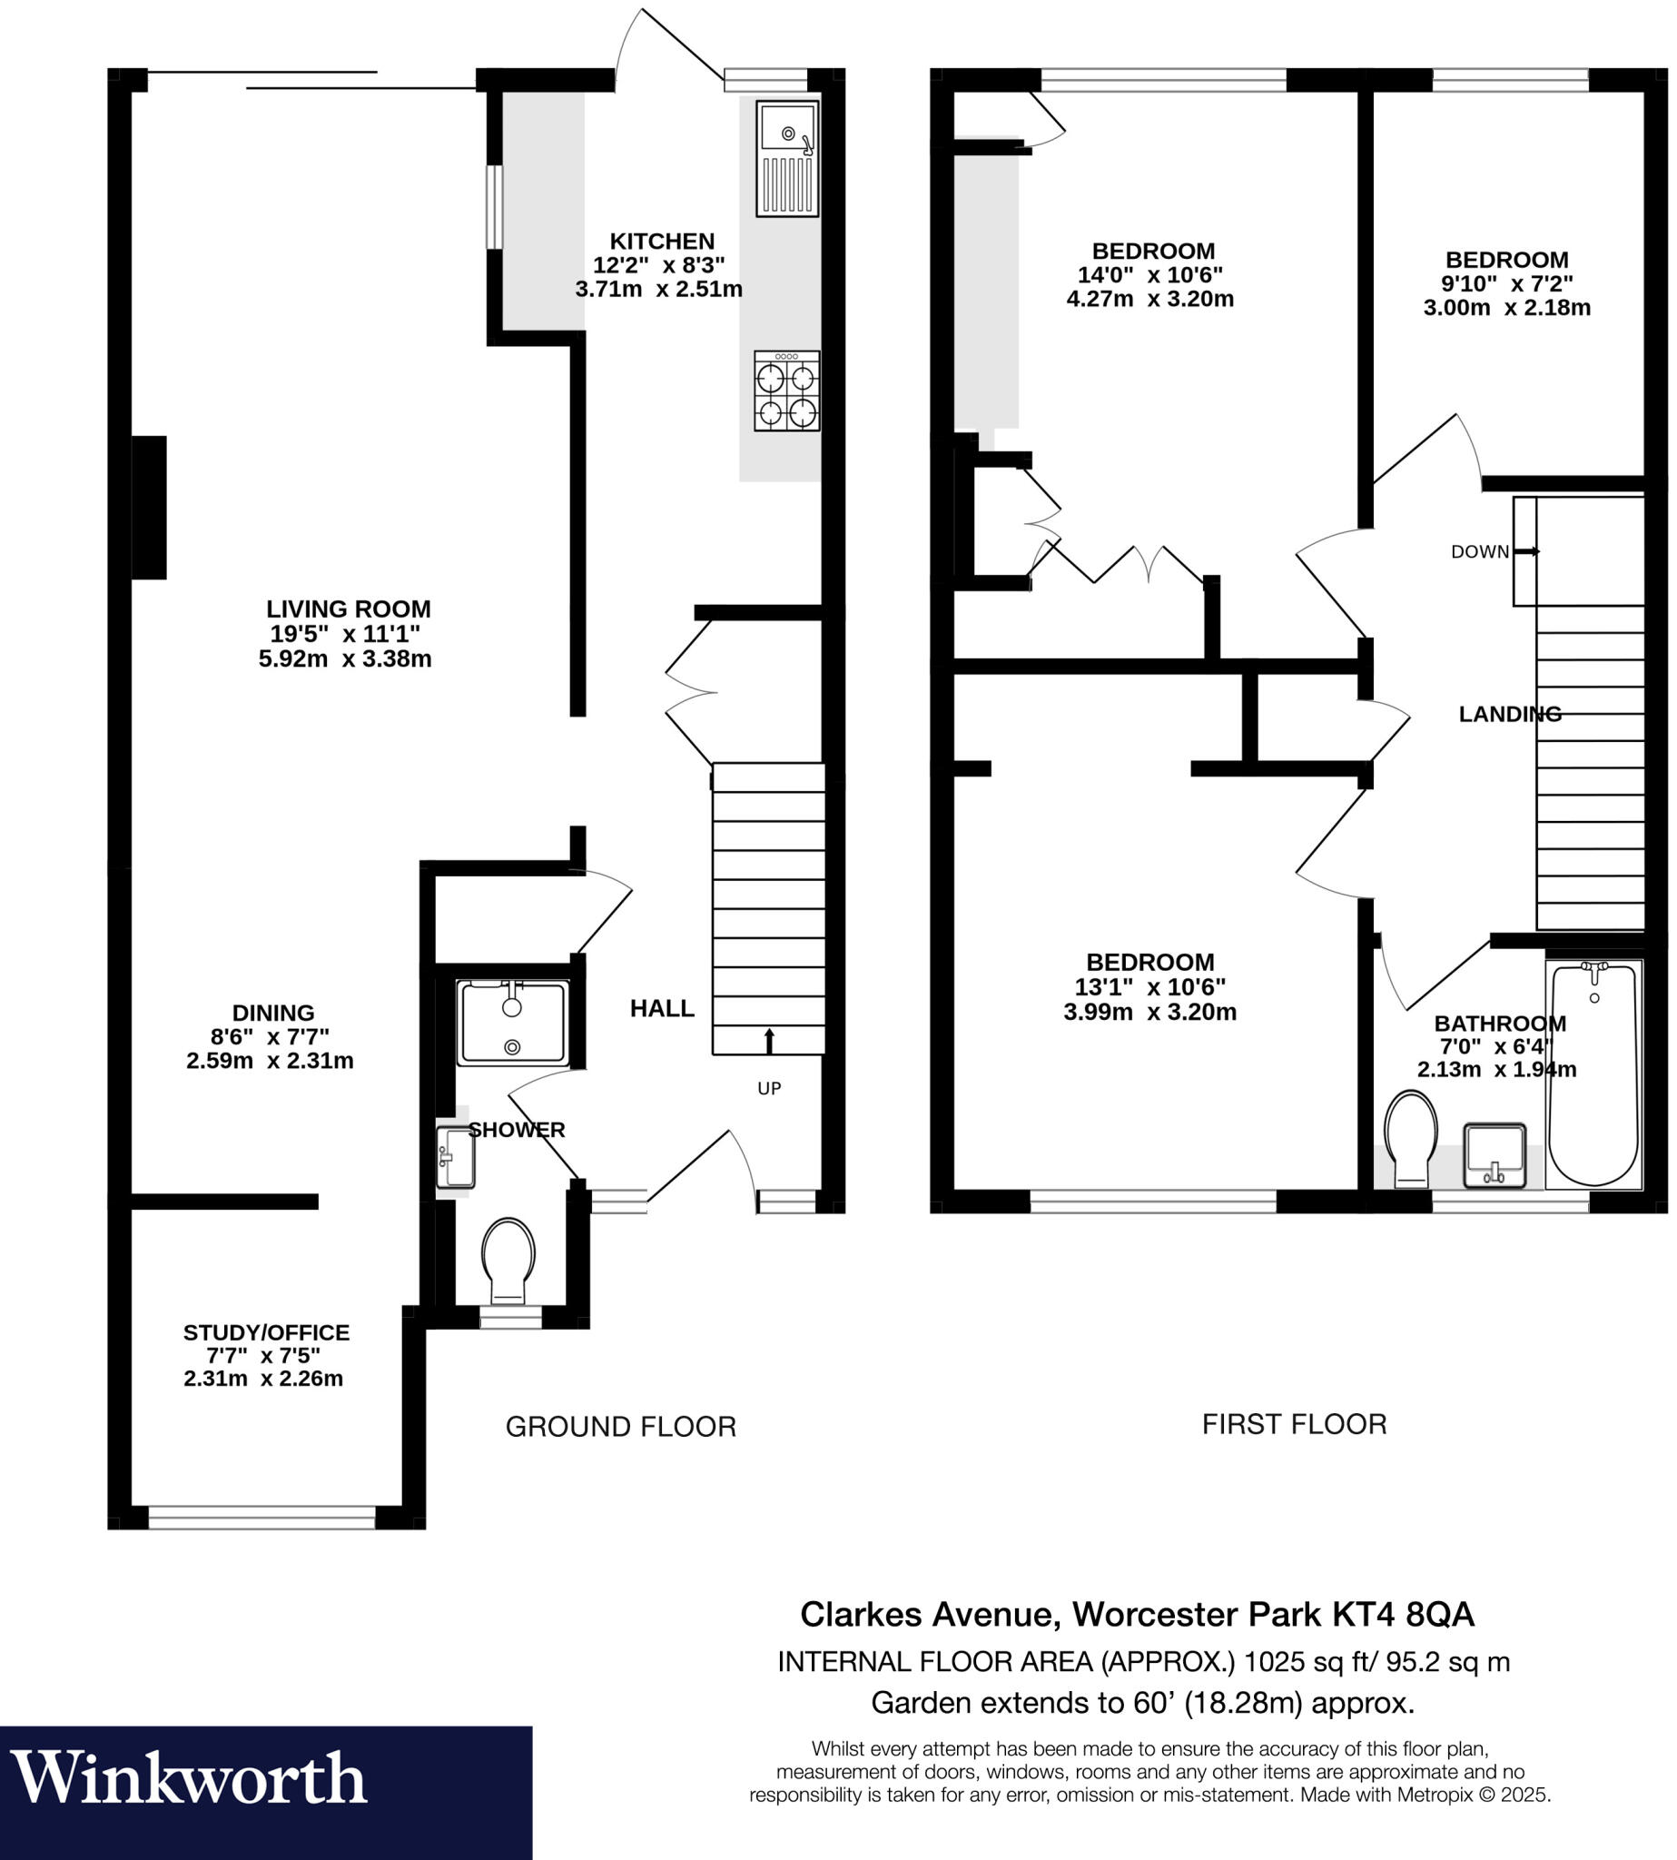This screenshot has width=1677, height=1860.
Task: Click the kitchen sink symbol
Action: tap(787, 159)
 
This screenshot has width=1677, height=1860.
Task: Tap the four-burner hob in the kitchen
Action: tap(786, 391)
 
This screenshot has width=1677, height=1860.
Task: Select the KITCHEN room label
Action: tap(662, 242)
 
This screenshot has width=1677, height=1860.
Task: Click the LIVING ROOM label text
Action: tap(349, 609)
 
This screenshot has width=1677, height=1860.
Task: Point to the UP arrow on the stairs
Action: tap(769, 1042)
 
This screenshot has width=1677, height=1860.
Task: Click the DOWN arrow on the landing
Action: tap(1526, 551)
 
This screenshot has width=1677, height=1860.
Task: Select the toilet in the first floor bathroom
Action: tap(1411, 1139)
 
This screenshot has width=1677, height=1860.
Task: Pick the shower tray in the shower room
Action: tap(513, 1024)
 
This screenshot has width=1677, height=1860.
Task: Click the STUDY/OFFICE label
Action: tap(266, 1332)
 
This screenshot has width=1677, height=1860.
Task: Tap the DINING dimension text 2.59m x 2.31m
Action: tap(270, 1061)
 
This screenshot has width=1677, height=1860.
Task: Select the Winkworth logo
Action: tap(189, 1778)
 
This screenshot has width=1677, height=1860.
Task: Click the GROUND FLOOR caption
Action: tap(620, 1427)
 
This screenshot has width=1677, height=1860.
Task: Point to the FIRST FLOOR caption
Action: tap(1294, 1425)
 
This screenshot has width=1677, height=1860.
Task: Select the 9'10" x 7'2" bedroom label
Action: tap(1506, 283)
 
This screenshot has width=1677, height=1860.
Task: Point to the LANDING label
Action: tap(1509, 714)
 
